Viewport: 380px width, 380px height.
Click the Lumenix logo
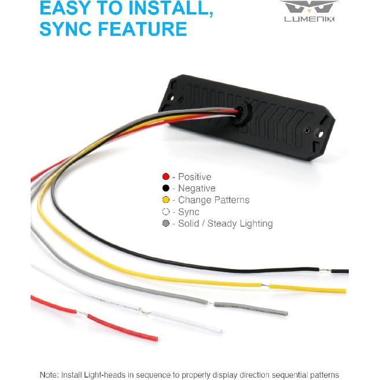pos(309,12)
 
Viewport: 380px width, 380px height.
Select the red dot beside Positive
pos(166,176)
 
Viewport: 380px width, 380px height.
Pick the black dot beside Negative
pos(166,188)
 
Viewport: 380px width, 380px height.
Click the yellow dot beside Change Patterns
pos(166,200)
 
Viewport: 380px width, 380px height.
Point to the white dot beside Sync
pos(166,212)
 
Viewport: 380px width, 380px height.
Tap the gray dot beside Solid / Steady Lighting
pos(166,223)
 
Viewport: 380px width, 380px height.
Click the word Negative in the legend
pos(197,189)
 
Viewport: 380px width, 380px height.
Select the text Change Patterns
pos(214,200)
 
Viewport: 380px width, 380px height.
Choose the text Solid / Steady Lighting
pos(226,224)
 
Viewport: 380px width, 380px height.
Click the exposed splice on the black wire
pos(325,270)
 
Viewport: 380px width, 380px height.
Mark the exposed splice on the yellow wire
pos(265,286)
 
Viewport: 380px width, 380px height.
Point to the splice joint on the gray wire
pos(211,303)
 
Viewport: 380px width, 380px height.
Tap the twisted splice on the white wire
pos(145,311)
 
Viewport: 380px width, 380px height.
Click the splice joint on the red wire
pos(82,313)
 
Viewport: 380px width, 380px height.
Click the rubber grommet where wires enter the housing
pos(241,113)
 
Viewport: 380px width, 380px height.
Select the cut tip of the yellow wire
pos(345,291)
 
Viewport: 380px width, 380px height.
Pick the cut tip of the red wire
pos(157,339)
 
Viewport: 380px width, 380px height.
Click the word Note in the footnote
pos(49,374)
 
